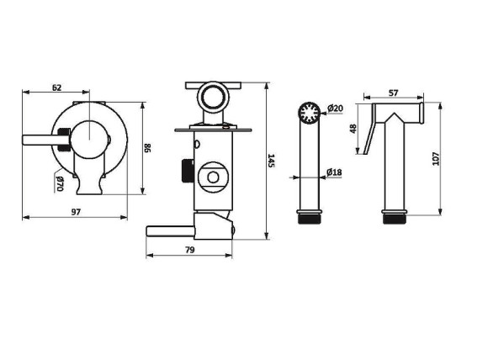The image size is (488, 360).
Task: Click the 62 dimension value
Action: pyautogui.click(x=56, y=87)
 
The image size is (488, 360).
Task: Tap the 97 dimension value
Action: pyautogui.click(x=76, y=212)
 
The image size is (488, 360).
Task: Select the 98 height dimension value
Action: pyautogui.click(x=147, y=148)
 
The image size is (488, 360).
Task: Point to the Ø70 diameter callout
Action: pyautogui.click(x=60, y=184)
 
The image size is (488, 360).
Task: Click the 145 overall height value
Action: pyautogui.click(x=272, y=161)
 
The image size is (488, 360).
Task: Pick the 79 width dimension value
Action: pyautogui.click(x=189, y=250)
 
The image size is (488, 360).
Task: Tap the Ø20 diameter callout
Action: pyautogui.click(x=335, y=109)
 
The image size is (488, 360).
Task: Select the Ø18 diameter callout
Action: pyautogui.click(x=334, y=172)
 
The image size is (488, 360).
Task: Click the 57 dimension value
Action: pyautogui.click(x=394, y=93)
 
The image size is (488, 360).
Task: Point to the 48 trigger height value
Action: pyautogui.click(x=353, y=129)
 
